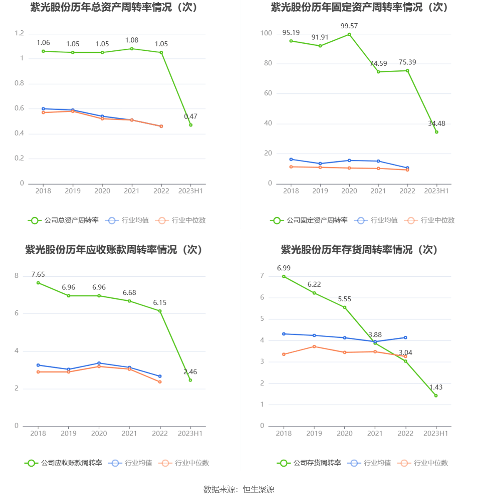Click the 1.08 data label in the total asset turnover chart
click(132, 40)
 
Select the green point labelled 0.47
click(191, 125)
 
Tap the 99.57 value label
click(349, 26)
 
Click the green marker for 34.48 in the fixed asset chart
click(436, 132)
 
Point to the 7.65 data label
click(38, 275)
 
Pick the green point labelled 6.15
click(160, 311)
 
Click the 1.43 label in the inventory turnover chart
click(436, 387)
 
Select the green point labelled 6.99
click(284, 276)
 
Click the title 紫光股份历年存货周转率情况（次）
click(359, 250)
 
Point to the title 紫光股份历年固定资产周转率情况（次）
click(359, 7)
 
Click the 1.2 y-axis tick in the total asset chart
click(20, 33)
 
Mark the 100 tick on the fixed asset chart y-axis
click(266, 33)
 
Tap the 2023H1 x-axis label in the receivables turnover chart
click(190, 433)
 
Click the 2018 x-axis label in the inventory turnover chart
click(284, 433)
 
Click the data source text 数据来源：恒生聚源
click(239, 489)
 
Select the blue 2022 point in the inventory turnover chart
click(406, 338)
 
